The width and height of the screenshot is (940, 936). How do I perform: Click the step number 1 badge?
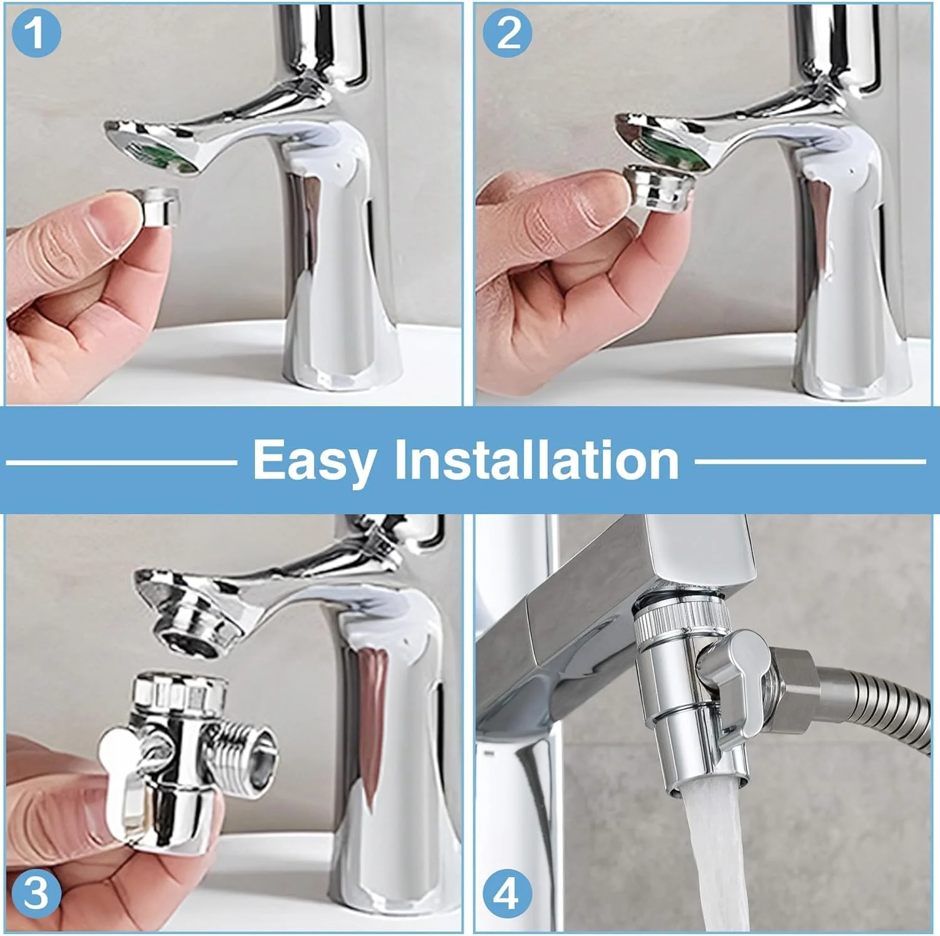(x=36, y=32)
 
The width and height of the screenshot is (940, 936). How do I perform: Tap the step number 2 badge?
(x=508, y=32)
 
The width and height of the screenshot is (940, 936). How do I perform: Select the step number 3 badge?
(x=36, y=893)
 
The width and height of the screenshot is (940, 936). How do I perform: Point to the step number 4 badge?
(x=506, y=893)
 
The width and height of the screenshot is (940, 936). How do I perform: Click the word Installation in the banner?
(x=536, y=459)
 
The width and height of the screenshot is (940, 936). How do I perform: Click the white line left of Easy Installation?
(x=122, y=463)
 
